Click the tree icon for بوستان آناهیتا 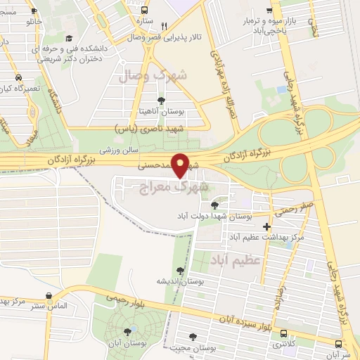point(162,101)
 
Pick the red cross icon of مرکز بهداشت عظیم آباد point(266,226)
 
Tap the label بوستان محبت point(196,348)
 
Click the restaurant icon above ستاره point(162,22)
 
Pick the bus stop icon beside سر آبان point(340,343)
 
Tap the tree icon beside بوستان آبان point(127,330)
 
